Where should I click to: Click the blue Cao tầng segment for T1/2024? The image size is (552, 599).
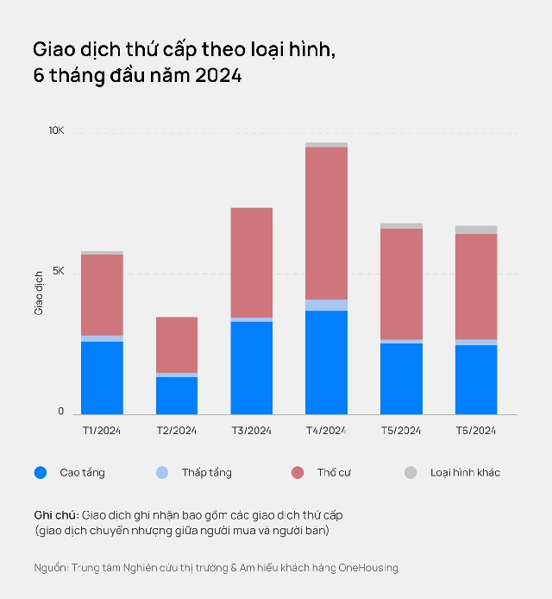point(102,377)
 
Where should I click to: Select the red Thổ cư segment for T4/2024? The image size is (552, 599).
point(326,223)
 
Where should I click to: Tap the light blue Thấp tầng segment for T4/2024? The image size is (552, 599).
point(326,305)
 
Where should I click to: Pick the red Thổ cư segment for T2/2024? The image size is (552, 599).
point(177,344)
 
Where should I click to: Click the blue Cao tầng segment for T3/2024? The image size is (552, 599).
point(251,368)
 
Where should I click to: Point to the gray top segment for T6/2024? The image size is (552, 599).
point(476,230)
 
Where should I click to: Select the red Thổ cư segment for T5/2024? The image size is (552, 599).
point(401,284)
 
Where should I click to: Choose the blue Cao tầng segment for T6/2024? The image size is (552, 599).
point(476,379)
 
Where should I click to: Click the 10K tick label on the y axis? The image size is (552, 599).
point(56,131)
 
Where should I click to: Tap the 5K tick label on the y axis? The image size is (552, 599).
point(58,271)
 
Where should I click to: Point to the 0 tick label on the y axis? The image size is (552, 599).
point(61,412)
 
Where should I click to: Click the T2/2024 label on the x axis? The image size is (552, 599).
point(177,430)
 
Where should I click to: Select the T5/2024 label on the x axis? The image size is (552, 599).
point(401,430)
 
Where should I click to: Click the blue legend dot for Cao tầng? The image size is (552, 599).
point(41,472)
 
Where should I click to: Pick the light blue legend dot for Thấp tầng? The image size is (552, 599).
point(162,472)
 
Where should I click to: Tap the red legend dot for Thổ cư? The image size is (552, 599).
point(298,472)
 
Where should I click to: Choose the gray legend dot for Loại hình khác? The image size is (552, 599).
point(411,472)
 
